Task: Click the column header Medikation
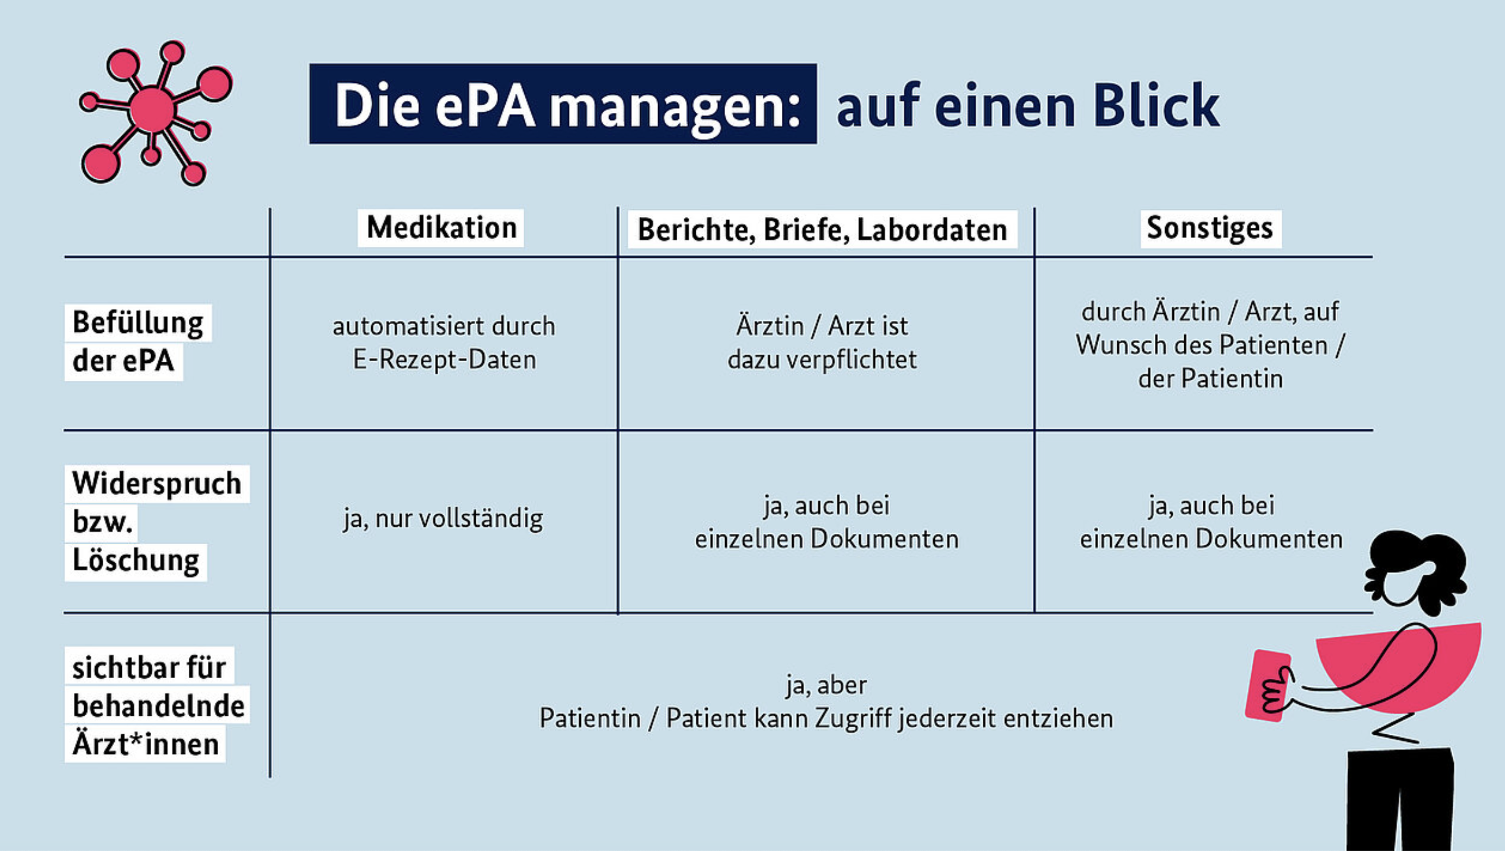pos(441,228)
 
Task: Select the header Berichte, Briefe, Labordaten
pos(822,230)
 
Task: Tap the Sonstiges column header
pos(1210,228)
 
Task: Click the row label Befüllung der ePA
pos(138,342)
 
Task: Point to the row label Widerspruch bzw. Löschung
pos(157,522)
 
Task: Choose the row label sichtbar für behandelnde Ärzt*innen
pos(157,705)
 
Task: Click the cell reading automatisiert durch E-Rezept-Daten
pos(444,343)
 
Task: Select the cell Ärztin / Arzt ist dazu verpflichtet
pos(822,343)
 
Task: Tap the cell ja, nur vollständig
pos(443,519)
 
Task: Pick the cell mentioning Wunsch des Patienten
pos(1210,345)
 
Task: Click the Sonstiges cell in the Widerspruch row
pos(1211,522)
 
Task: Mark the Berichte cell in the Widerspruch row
pos(826,522)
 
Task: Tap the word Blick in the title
pos(1156,106)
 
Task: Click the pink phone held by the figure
pos(1266,686)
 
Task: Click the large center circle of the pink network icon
pos(152,110)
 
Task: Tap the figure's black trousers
pos(1400,799)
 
